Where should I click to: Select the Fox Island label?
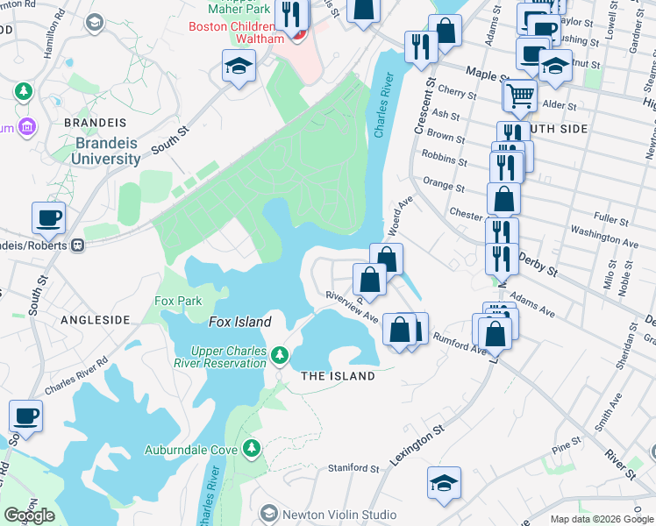pyautogui.click(x=239, y=322)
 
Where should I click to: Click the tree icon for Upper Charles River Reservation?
pyautogui.click(x=279, y=355)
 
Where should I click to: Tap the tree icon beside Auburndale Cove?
pyautogui.click(x=253, y=449)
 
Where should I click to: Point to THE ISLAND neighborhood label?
pyautogui.click(x=338, y=376)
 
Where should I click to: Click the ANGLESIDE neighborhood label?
pyautogui.click(x=95, y=321)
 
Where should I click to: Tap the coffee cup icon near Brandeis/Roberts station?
pyautogui.click(x=48, y=217)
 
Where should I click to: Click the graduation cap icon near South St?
pyautogui.click(x=238, y=66)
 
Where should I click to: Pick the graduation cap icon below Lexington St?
pyautogui.click(x=444, y=482)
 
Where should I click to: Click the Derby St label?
pyautogui.click(x=538, y=264)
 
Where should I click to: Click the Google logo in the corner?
pyautogui.click(x=30, y=515)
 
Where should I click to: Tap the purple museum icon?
pyautogui.click(x=28, y=128)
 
